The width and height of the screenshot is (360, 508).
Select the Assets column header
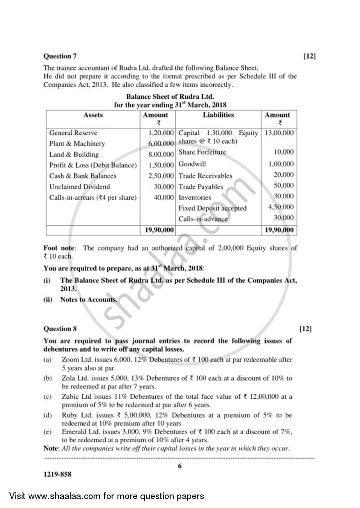pos(93,115)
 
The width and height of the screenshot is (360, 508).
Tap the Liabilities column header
pos(218,115)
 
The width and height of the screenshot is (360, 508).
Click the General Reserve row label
pos(73,133)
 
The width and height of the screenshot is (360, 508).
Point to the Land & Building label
pos(74,155)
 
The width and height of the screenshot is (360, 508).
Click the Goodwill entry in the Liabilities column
pos(192,165)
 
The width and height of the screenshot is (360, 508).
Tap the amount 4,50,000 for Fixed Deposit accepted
pos(281,207)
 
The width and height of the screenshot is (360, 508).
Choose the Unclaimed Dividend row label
pos(80,187)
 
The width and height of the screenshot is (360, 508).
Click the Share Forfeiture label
pos(202,152)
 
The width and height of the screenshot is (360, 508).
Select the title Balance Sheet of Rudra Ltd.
pos(170,97)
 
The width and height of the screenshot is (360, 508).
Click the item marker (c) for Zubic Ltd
pos(47,397)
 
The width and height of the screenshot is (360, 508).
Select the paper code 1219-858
pos(57,474)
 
